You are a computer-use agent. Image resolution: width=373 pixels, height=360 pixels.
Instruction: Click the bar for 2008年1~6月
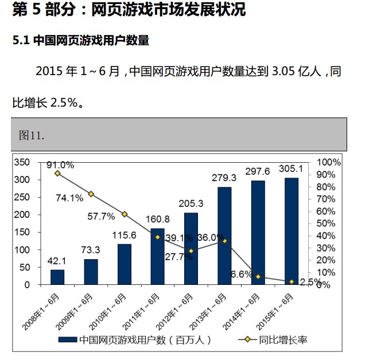click(57, 277)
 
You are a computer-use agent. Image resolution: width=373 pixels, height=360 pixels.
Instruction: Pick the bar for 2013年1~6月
click(224, 236)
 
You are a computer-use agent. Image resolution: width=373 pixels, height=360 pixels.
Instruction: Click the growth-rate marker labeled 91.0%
click(57, 173)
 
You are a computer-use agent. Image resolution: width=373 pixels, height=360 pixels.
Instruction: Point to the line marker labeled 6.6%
click(258, 277)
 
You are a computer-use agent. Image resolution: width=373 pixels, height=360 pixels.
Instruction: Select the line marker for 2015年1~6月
click(291, 281)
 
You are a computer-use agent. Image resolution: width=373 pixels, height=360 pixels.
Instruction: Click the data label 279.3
click(224, 178)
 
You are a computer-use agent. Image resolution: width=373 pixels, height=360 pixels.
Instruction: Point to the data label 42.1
click(57, 261)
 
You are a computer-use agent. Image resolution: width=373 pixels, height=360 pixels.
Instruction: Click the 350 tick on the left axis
click(21, 162)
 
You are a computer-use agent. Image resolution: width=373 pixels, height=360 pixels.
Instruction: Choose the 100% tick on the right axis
click(329, 162)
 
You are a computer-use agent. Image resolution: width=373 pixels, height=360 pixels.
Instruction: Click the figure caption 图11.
click(32, 135)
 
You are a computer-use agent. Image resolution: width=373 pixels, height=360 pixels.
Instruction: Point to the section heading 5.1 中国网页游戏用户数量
click(81, 41)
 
